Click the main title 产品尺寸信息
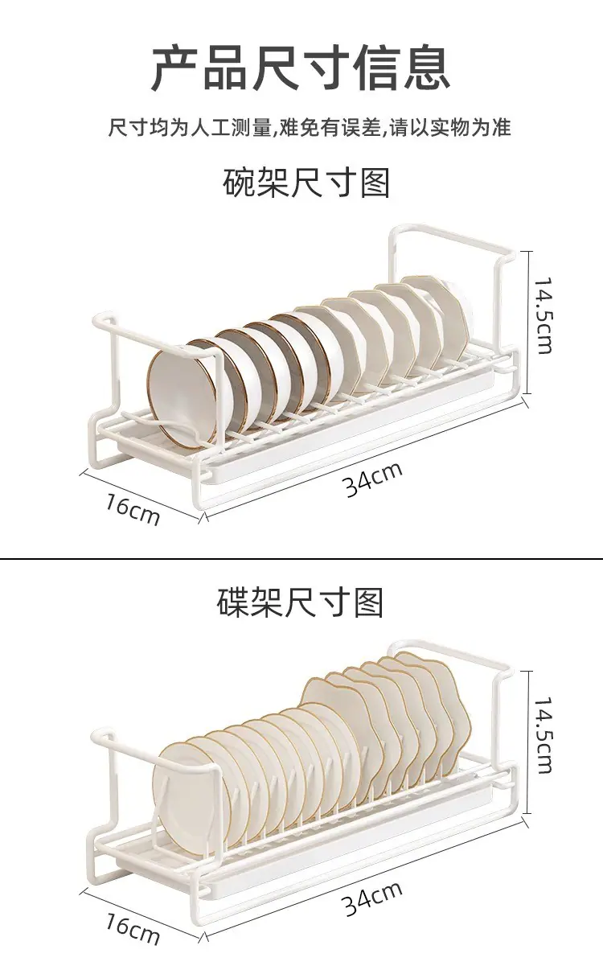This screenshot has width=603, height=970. tap(301, 67)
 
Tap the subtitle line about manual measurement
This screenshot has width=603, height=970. tap(310, 127)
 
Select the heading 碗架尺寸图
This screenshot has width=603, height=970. tap(306, 183)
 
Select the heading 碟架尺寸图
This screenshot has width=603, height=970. tap(300, 602)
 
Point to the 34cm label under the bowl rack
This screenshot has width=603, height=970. tap(373, 479)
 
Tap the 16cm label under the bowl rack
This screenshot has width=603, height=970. tap(133, 510)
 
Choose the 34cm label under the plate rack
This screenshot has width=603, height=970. tap(372, 898)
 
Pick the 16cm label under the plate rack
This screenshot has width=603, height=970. tap(133, 929)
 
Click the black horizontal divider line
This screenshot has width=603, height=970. tap(301, 559)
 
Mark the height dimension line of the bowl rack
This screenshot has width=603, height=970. tap(527, 323)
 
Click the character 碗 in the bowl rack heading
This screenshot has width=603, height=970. tap(239, 183)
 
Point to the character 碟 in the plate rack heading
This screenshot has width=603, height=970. tap(232, 602)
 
